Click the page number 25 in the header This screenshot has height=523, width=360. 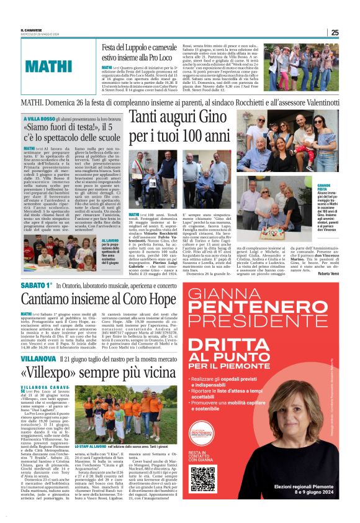tap(335, 33)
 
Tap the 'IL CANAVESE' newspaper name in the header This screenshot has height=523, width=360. tap(31, 30)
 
